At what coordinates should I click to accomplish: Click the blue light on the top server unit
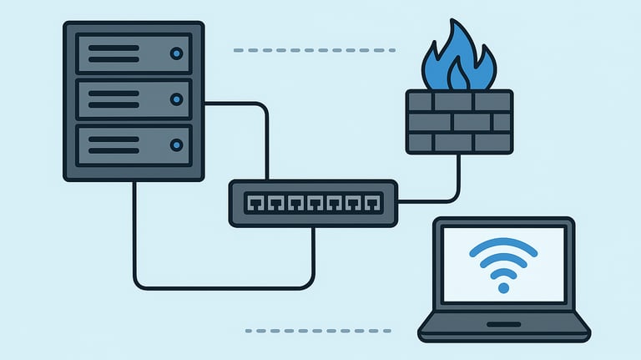tap(176, 54)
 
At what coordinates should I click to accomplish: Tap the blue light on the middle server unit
tap(176, 99)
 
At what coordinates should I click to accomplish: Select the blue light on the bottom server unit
tap(176, 145)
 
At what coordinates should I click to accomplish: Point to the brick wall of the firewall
tap(458, 122)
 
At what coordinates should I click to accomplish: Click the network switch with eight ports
tap(313, 203)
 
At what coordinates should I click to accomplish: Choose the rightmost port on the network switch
tap(374, 202)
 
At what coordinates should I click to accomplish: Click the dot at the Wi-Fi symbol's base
tap(502, 286)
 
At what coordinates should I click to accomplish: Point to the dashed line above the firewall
tap(315, 51)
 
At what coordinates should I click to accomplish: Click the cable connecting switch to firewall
tap(457, 184)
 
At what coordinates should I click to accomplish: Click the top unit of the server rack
tap(134, 54)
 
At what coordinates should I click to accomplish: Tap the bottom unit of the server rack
tap(134, 145)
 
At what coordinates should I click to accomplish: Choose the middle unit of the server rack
tap(134, 99)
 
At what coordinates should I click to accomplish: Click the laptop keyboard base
tap(503, 327)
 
